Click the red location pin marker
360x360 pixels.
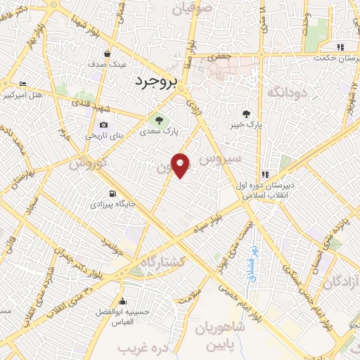(x=181, y=164)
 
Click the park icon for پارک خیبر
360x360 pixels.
(x=246, y=114)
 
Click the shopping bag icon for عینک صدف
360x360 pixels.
(x=106, y=53)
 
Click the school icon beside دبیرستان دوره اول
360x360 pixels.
(x=265, y=175)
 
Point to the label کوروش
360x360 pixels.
(x=87, y=163)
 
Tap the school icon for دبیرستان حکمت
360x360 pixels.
(x=340, y=48)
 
